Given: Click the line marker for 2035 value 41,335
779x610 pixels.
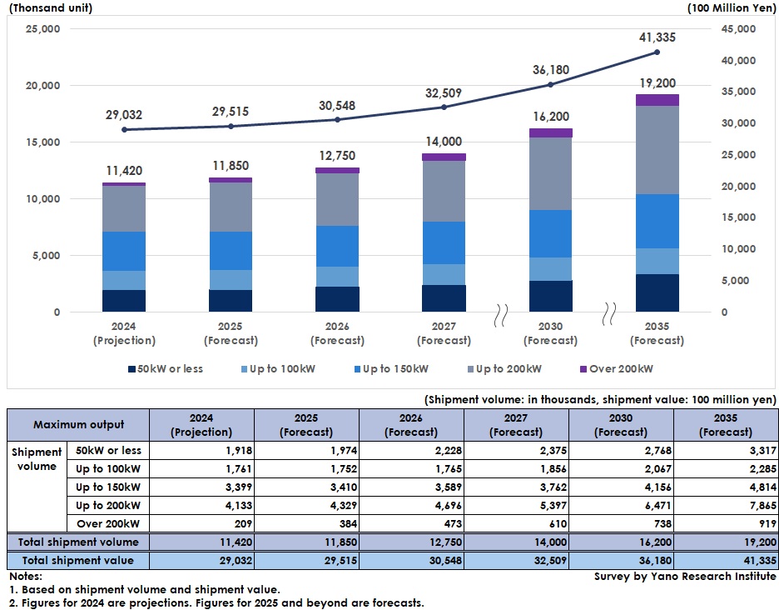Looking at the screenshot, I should [657, 52].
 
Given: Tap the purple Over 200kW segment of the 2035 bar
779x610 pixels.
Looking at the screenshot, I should [657, 100].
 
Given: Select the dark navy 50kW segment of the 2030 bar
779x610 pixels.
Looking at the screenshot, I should [550, 296].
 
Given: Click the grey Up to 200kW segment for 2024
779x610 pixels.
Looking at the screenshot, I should [124, 208].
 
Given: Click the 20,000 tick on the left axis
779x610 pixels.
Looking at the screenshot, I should [44, 85].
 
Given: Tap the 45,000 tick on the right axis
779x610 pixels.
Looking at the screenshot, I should [735, 29].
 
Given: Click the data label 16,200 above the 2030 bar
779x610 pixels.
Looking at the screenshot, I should [550, 117].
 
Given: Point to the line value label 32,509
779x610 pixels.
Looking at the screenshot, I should [444, 93].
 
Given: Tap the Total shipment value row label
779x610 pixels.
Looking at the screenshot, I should [78, 560].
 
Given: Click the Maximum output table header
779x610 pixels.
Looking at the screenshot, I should [78, 425].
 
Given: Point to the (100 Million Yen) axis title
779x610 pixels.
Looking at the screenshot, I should [732, 8].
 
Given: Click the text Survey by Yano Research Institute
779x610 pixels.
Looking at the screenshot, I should [685, 577].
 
